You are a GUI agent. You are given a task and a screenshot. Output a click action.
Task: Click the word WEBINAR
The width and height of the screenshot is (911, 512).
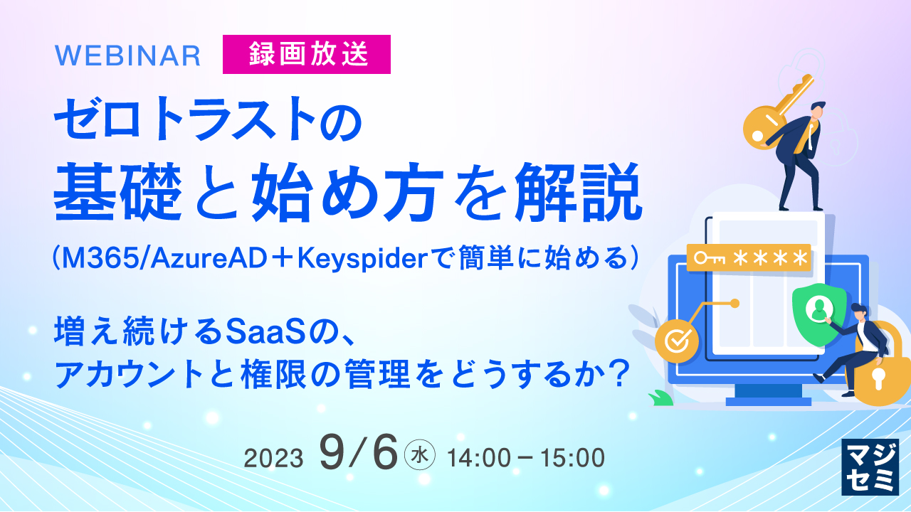(x=127, y=55)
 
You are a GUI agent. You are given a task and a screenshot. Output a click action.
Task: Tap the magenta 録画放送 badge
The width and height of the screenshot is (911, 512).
(x=307, y=55)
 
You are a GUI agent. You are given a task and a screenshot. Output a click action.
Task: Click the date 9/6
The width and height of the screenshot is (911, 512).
(x=358, y=453)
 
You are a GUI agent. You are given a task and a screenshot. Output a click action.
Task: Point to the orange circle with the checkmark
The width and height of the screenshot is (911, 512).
(x=673, y=339)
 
